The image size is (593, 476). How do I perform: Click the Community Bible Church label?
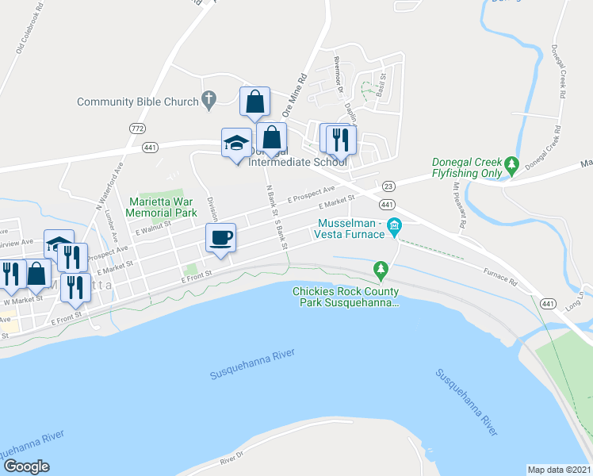136,102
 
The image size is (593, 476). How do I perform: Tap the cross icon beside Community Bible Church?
209,100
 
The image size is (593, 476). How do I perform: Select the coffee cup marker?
220,237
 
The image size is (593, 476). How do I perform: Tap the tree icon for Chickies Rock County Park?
381,271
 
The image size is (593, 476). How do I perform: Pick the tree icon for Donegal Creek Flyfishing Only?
512,166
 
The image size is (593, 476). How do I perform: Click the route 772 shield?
137,129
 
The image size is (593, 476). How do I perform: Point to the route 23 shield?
388,186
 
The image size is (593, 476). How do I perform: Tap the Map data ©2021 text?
559,469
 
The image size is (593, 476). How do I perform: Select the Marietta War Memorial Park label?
163,207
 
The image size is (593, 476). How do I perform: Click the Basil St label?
382,83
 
